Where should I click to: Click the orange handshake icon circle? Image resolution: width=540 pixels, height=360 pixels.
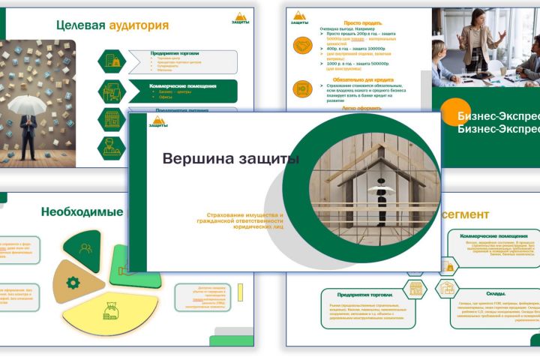[x=302, y=46]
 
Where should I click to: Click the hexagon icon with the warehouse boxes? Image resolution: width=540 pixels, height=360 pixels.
[x=447, y=289]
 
